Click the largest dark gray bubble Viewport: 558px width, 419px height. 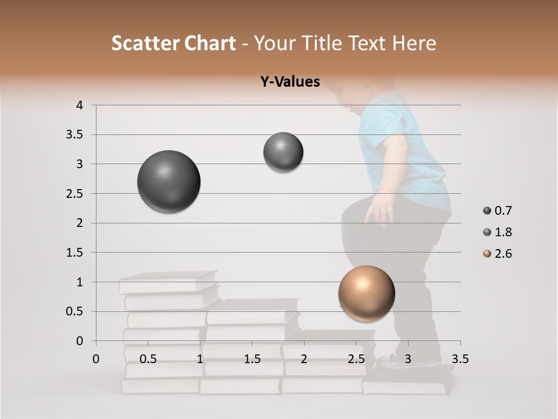pyautogui.click(x=169, y=182)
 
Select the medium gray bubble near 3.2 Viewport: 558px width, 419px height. pyautogui.click(x=283, y=152)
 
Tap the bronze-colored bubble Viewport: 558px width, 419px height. pyautogui.click(x=366, y=294)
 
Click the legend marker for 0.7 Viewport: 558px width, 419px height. pyautogui.click(x=487, y=211)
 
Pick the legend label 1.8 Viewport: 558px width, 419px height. pyautogui.click(x=503, y=232)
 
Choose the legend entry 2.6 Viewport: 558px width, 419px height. pyautogui.click(x=503, y=254)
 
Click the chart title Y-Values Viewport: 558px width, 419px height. pyautogui.click(x=289, y=82)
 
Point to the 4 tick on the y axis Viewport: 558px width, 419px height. pyautogui.click(x=80, y=105)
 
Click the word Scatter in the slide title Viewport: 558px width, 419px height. pyautogui.click(x=145, y=43)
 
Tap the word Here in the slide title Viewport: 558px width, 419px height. pyautogui.click(x=414, y=43)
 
